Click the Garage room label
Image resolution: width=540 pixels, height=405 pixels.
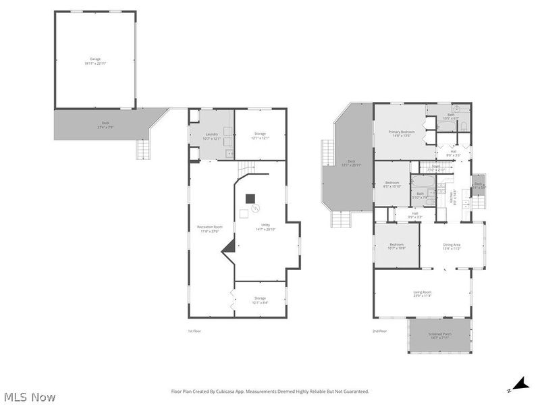[x=95, y=61]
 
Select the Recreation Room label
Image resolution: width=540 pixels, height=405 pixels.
[x=209, y=228]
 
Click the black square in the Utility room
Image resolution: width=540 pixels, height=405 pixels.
[x=250, y=198]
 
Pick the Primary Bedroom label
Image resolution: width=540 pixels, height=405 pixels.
[x=401, y=133]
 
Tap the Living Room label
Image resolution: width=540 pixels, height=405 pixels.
[x=423, y=293]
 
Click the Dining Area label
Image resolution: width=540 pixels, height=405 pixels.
[x=451, y=246]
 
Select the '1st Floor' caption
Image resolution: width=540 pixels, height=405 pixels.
[x=194, y=331]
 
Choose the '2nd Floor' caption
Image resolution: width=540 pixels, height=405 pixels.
[x=379, y=331]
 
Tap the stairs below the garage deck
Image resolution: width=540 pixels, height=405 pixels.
[x=144, y=148]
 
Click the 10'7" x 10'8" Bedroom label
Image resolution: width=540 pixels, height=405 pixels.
[x=396, y=246]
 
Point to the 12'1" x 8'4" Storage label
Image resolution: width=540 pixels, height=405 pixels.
[x=260, y=299]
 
